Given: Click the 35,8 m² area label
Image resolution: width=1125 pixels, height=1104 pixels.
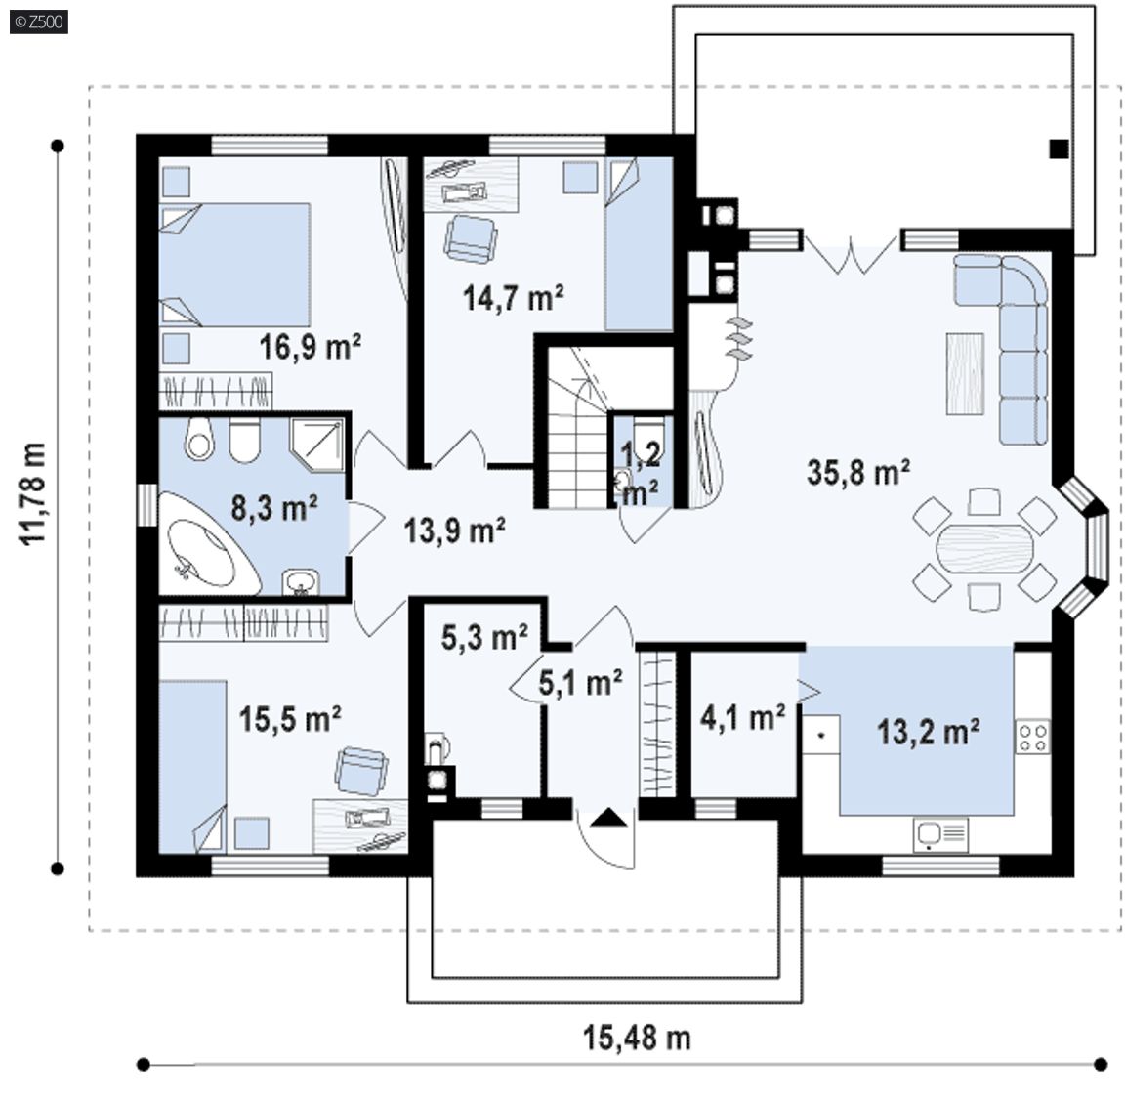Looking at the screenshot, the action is [x=858, y=472].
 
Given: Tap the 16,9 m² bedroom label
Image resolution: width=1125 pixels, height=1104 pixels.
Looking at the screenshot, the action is [x=310, y=347].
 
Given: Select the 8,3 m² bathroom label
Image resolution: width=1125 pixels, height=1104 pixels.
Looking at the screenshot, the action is [x=274, y=508].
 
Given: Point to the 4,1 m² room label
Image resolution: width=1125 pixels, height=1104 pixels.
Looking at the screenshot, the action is [x=742, y=717].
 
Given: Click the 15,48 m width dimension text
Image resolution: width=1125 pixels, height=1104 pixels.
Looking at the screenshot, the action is [x=637, y=1038].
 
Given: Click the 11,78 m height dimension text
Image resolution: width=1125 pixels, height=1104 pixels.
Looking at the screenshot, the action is [x=34, y=494].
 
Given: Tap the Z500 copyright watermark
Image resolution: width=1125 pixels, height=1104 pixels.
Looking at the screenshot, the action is [x=39, y=21].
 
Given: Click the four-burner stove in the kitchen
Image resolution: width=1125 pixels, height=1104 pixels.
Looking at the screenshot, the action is [x=1032, y=738].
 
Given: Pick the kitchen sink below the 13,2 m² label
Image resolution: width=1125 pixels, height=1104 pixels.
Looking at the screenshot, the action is [x=940, y=834].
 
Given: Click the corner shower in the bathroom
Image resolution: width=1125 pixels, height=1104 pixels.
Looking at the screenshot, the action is [x=317, y=444].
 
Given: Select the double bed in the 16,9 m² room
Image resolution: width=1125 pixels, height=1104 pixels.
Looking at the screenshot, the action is [x=234, y=266].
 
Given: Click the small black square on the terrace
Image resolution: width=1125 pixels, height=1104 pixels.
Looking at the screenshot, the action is [x=1059, y=149].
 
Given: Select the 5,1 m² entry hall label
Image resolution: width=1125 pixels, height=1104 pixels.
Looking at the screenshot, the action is [x=580, y=683].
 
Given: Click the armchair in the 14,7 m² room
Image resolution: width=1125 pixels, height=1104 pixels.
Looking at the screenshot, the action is [x=470, y=239].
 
